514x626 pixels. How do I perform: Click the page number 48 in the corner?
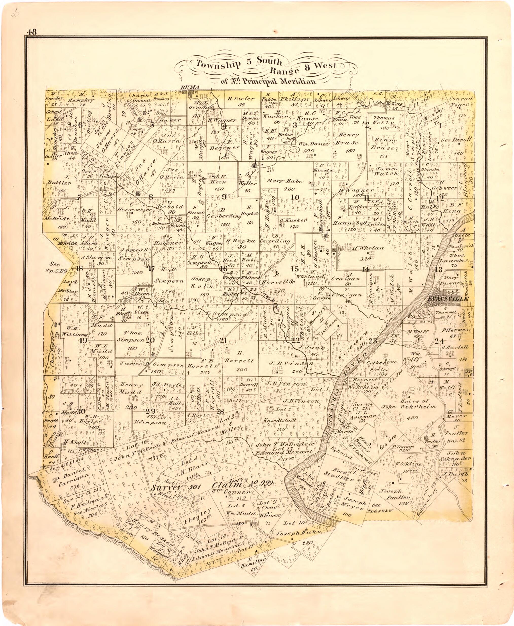(x=31, y=32)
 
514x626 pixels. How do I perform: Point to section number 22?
(x=295, y=340)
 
